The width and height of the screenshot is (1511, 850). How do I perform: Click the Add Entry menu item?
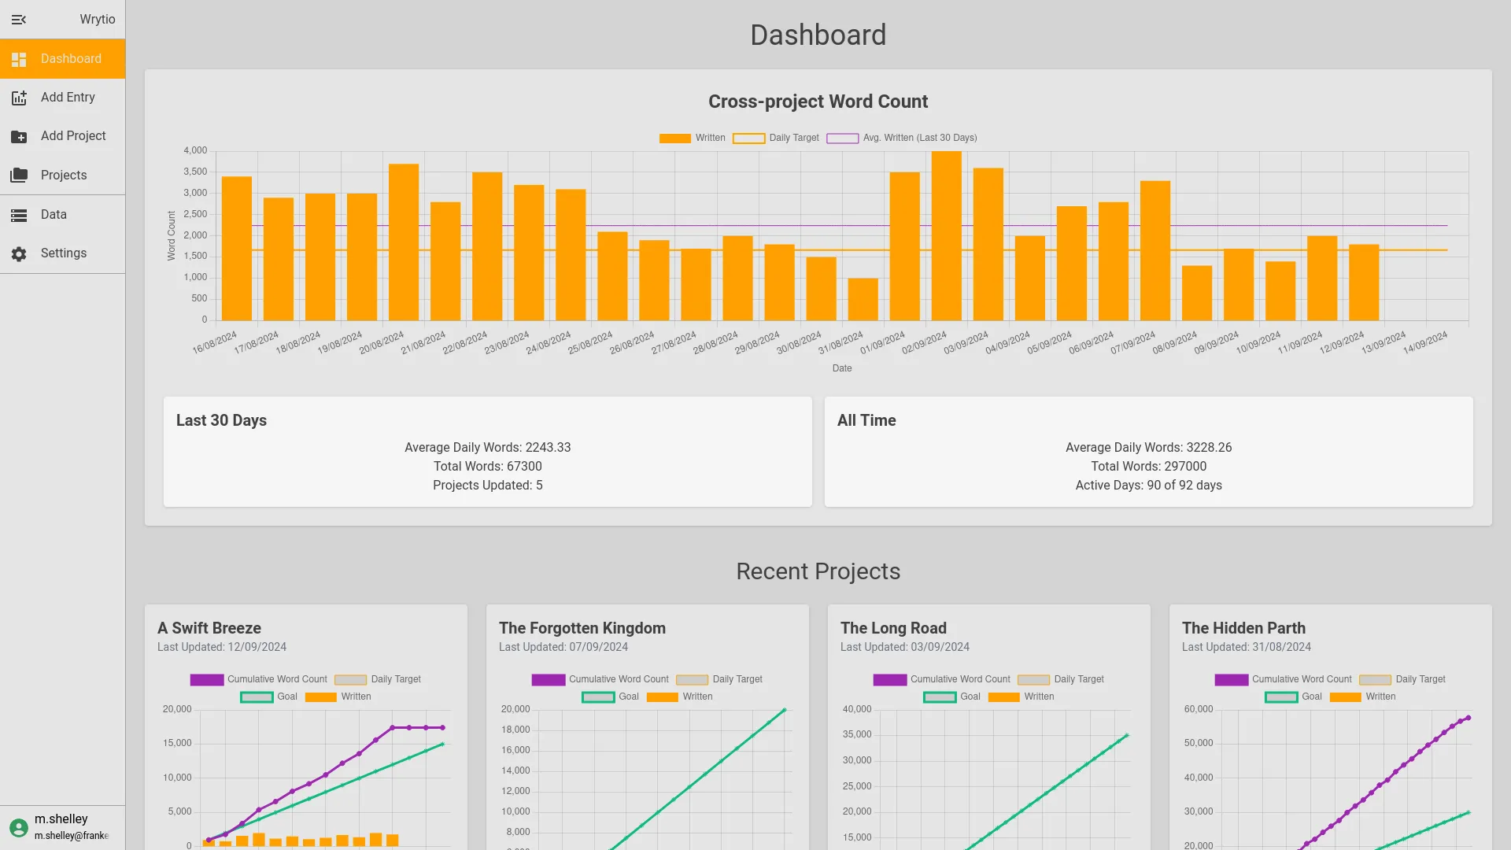pyautogui.click(x=68, y=98)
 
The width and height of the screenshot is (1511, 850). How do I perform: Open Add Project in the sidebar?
pyautogui.click(x=73, y=136)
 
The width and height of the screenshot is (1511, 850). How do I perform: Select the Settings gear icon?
pyautogui.click(x=19, y=253)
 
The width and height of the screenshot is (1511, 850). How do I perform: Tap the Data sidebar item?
pyautogui.click(x=54, y=214)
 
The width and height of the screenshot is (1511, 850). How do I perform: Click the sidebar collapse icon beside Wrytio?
pyautogui.click(x=19, y=20)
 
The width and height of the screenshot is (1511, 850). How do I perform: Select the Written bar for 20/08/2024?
pyautogui.click(x=404, y=242)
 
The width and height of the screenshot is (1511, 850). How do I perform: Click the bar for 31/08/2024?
pyautogui.click(x=863, y=299)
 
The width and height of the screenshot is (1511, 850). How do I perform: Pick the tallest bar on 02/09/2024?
pyautogui.click(x=947, y=236)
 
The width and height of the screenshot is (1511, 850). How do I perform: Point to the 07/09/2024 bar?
pyautogui.click(x=1155, y=250)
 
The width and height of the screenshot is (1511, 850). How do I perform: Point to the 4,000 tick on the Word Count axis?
pyautogui.click(x=195, y=150)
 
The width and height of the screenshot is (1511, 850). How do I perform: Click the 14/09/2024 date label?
pyautogui.click(x=1425, y=342)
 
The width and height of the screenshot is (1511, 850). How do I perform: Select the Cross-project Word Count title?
pyautogui.click(x=818, y=102)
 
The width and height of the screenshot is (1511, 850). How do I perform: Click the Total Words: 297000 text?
pyautogui.click(x=1148, y=466)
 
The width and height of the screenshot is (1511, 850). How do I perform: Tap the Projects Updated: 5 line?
pyautogui.click(x=487, y=485)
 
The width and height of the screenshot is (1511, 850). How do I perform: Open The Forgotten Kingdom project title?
pyautogui.click(x=582, y=628)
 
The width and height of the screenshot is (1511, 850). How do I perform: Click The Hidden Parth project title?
pyautogui.click(x=1243, y=628)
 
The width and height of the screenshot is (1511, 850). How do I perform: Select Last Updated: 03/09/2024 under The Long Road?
pyautogui.click(x=904, y=647)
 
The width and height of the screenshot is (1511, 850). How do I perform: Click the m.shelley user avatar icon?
pyautogui.click(x=19, y=827)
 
